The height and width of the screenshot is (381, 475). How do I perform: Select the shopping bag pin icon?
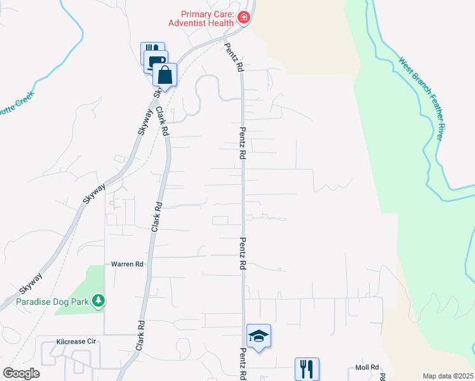click(x=164, y=75)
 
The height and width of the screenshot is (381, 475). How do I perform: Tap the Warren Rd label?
click(x=127, y=264)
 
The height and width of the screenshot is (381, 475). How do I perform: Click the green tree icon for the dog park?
click(x=98, y=300)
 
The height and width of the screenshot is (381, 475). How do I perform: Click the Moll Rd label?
click(x=367, y=368)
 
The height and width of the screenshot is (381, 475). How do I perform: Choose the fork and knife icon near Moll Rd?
click(x=307, y=368)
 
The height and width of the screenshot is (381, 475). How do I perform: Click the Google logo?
click(x=21, y=373)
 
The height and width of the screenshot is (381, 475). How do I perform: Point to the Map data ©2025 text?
click(x=447, y=376)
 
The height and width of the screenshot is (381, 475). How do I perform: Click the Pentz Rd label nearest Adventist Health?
click(x=233, y=57)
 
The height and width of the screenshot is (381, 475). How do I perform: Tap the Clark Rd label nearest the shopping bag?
click(x=161, y=123)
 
